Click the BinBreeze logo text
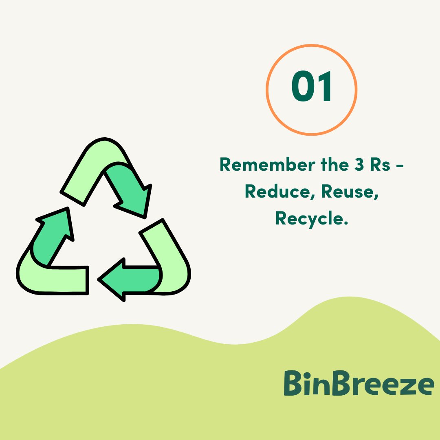pos(359,383)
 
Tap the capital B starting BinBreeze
pos(294,383)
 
